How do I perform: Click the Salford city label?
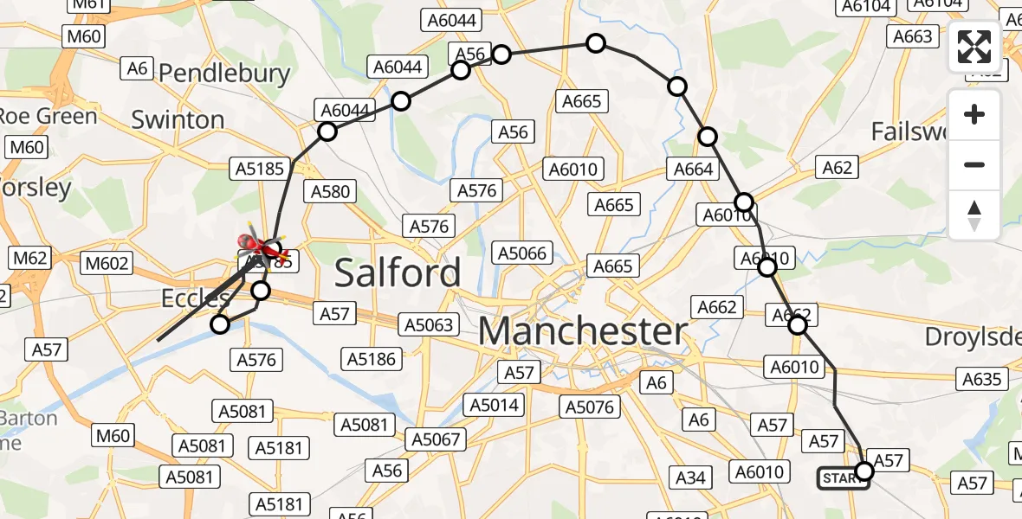coord(398,273)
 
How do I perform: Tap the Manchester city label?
coord(583,331)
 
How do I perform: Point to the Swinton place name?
coord(178,119)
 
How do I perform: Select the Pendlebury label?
coord(224,74)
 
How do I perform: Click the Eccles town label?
coord(194,299)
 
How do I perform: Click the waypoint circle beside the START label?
coord(864,471)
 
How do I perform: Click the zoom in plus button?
coord(974,114)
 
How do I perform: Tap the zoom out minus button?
coord(974,164)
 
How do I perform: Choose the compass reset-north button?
coord(974,215)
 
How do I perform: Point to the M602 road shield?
coord(107,264)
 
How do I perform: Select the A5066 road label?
coord(521,253)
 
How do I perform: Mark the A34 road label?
coord(691,477)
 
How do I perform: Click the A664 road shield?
coord(694,170)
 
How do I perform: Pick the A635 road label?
coord(981,379)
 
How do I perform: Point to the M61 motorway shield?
coord(89,4)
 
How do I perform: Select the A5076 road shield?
coord(590,407)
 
